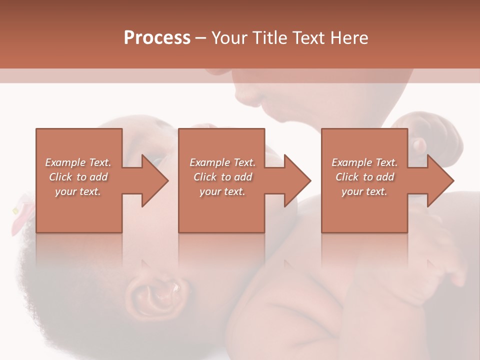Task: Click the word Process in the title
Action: coord(157,38)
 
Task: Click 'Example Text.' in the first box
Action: coord(78,162)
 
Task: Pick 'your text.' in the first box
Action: coord(78,191)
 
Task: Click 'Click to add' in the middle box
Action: coord(222,177)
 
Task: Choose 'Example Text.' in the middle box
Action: coord(222,162)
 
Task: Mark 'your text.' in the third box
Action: coord(364,191)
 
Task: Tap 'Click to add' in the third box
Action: coord(364,177)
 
